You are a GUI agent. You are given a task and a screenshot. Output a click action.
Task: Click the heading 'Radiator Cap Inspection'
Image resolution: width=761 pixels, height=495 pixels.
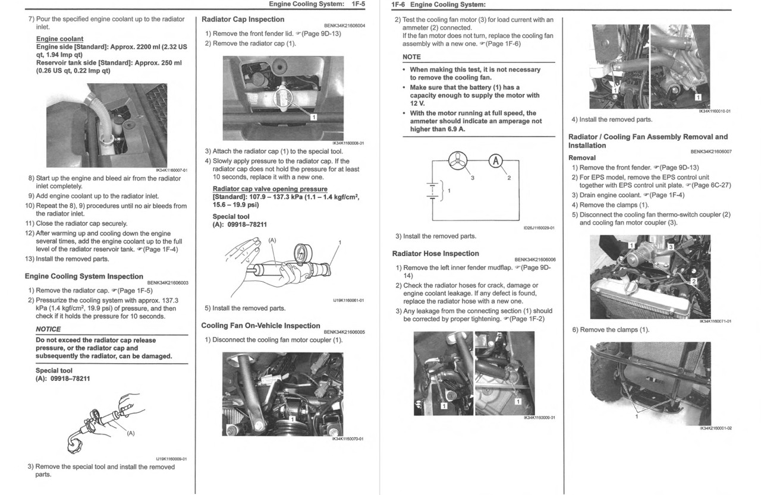(x=243, y=19)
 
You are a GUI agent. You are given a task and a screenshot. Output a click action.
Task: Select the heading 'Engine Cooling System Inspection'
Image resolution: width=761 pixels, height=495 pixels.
(x=84, y=276)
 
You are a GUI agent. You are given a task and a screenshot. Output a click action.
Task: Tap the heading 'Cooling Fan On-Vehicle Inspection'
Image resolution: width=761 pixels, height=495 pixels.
(x=260, y=326)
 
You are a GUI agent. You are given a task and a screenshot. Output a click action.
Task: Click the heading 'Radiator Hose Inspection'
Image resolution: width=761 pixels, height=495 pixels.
(x=435, y=254)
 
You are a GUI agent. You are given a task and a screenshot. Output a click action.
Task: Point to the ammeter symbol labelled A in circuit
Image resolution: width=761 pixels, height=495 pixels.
(x=496, y=162)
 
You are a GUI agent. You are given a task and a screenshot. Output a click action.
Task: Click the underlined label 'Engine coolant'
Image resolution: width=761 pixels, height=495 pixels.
(x=59, y=39)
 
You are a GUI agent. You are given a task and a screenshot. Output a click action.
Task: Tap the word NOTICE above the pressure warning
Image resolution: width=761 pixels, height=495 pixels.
(x=48, y=329)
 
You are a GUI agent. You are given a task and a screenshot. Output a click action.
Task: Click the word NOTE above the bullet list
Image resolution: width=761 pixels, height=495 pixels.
(x=411, y=57)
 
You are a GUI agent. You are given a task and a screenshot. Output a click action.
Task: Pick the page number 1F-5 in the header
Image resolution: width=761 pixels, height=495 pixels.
(x=357, y=5)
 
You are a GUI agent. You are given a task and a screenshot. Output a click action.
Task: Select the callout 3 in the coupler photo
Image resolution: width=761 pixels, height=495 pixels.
(x=671, y=247)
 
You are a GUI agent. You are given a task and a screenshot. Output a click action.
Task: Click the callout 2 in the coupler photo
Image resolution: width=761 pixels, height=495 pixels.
(x=693, y=281)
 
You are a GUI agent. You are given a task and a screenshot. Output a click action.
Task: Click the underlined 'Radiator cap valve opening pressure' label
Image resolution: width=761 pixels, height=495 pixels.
(x=270, y=190)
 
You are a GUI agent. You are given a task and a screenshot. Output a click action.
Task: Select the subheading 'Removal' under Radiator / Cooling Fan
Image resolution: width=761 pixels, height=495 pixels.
(x=582, y=158)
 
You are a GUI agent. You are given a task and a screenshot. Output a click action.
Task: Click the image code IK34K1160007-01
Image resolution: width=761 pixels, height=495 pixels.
(x=171, y=171)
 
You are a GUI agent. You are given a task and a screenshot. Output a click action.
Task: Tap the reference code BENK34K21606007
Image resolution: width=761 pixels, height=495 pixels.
(x=711, y=152)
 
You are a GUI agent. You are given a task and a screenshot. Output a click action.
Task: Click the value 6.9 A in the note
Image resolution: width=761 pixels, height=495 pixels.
(x=454, y=129)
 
